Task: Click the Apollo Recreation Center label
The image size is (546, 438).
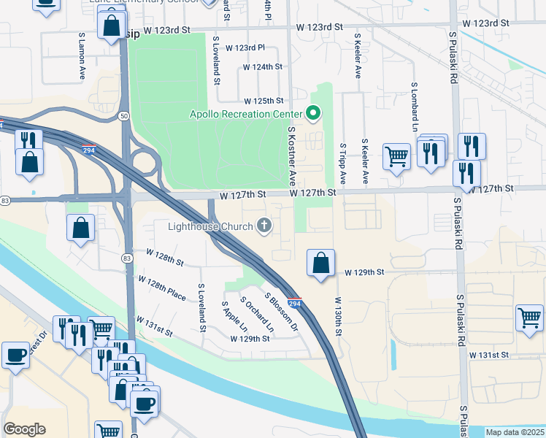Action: click(x=245, y=114)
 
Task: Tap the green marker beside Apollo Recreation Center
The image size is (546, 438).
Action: click(x=313, y=113)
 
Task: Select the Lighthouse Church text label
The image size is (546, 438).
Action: click(x=209, y=226)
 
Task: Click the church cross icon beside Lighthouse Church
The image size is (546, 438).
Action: click(x=264, y=226)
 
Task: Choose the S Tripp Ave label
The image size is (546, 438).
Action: click(x=342, y=163)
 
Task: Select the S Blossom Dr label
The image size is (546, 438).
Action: click(x=283, y=312)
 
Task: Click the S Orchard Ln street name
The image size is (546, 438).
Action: click(x=256, y=315)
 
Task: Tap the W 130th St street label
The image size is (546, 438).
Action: click(x=338, y=315)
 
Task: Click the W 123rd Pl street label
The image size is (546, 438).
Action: click(x=245, y=48)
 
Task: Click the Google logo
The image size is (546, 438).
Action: click(x=24, y=429)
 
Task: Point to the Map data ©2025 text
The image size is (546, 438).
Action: click(x=515, y=432)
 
